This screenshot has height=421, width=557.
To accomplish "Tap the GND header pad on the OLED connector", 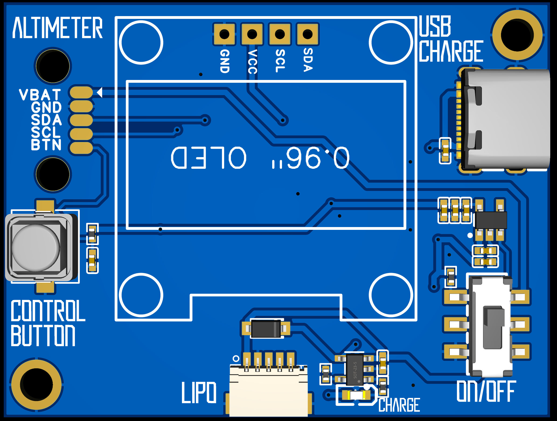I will [x=224, y=34].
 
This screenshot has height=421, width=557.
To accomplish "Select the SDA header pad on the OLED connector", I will [x=307, y=34].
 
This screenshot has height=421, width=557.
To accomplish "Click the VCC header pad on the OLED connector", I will [x=252, y=34].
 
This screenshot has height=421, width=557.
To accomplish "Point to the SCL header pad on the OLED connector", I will [x=280, y=34].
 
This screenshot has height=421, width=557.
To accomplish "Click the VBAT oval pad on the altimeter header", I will [x=81, y=92].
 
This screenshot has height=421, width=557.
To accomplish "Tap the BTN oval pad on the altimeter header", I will [x=81, y=148].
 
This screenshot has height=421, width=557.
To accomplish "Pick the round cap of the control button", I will [x=36, y=248].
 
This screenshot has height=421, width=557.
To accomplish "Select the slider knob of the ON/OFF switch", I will [x=494, y=327].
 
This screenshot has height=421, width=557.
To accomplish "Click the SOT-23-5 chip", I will [x=355, y=370].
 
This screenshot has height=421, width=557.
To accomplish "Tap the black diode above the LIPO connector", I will [x=266, y=328].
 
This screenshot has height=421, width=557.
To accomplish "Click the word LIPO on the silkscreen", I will [x=199, y=393].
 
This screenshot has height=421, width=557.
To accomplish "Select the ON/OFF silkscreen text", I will [x=486, y=391].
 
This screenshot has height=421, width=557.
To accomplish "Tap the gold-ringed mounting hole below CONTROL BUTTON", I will [x=37, y=384].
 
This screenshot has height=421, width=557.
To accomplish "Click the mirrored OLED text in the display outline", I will [x=259, y=158].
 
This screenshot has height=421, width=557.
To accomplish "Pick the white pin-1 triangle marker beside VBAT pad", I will [x=100, y=92].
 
